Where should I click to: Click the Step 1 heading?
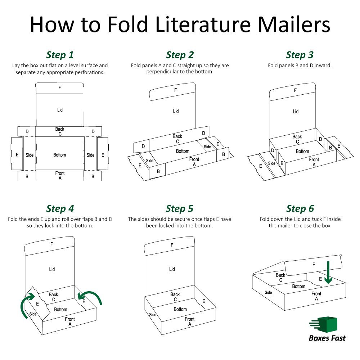(x=60, y=55)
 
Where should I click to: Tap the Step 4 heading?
(x=60, y=209)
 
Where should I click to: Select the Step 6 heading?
(x=300, y=209)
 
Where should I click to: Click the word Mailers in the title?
(x=294, y=24)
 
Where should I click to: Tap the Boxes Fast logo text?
(x=327, y=338)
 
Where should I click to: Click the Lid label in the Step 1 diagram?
(x=60, y=110)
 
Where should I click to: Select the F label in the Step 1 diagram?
(x=60, y=87)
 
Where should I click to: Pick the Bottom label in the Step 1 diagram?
(x=60, y=155)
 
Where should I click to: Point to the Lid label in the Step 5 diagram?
(x=172, y=269)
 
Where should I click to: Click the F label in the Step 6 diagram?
(x=314, y=265)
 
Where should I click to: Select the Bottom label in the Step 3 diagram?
(x=302, y=151)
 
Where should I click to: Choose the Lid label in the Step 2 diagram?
(x=176, y=111)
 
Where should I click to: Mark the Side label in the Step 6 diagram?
(x=268, y=292)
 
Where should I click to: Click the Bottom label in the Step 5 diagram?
(x=180, y=309)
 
